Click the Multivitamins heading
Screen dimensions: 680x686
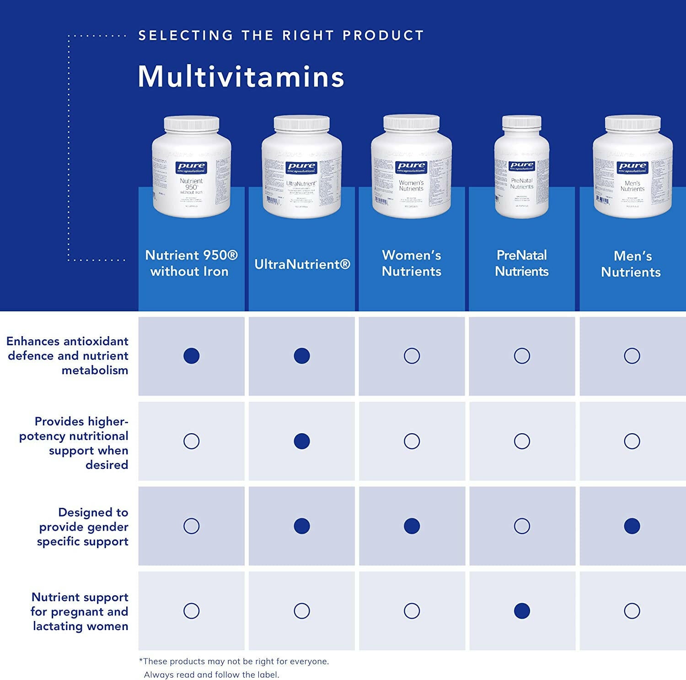point(241,76)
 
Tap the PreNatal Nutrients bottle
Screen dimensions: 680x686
point(522,167)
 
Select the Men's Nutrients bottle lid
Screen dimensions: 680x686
point(632,122)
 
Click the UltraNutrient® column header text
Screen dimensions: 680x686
point(302,264)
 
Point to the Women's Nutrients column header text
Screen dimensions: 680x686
point(412,263)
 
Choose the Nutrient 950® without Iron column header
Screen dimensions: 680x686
point(191,263)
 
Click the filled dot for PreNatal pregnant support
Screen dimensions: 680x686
point(522,611)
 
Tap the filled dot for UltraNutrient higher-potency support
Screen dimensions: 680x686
point(302,441)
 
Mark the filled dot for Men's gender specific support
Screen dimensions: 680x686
point(632,526)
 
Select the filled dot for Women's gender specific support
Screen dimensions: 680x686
point(412,526)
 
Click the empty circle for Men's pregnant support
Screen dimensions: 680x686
point(632,611)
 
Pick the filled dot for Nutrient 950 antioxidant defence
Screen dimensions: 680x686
point(191,356)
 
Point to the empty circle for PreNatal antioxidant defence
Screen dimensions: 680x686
point(522,356)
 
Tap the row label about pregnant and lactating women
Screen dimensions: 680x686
point(80,611)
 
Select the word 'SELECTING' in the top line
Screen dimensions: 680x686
point(186,35)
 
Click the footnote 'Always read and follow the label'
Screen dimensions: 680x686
point(211,675)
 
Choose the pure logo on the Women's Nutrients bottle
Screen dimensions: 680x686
point(411,167)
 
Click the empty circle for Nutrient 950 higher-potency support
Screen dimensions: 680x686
point(191,441)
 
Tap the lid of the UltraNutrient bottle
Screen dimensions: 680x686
point(301,122)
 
